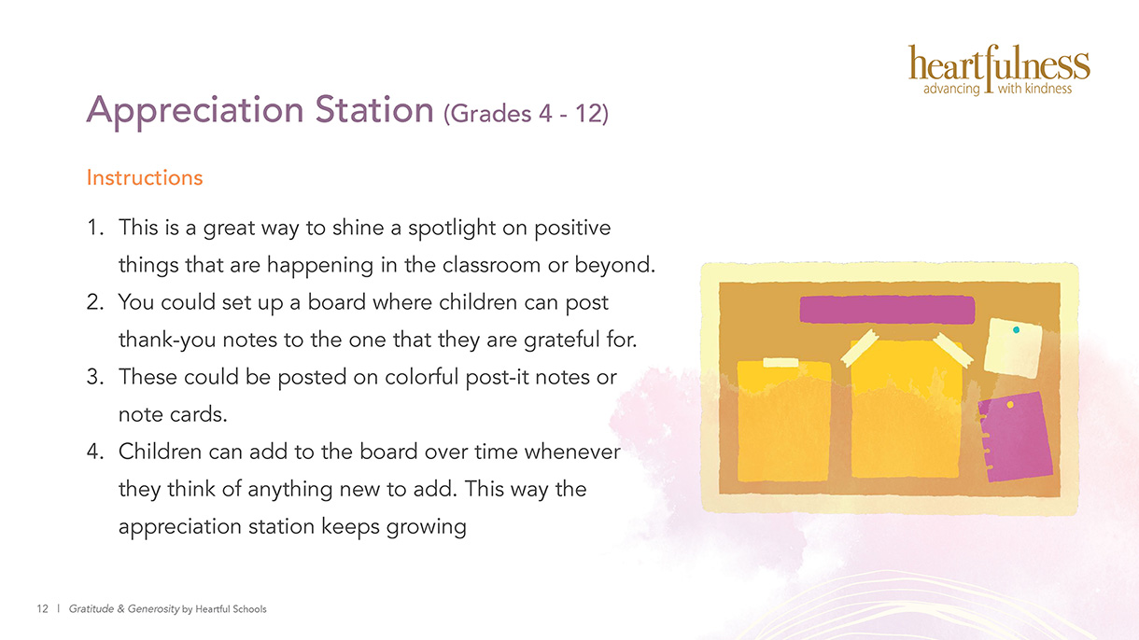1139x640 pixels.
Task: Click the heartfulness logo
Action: point(999,70)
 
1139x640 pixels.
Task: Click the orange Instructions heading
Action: point(145,178)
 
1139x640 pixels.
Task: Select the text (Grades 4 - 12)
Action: point(526,113)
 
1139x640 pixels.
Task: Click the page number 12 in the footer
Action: point(42,608)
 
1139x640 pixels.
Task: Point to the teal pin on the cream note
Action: point(1016,329)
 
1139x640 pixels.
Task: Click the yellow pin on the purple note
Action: point(1010,404)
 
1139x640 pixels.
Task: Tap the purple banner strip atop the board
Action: point(887,310)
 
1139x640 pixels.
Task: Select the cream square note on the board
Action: point(1013,348)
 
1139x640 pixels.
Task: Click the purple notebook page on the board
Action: point(1016,437)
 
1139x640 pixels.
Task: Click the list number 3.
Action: point(94,377)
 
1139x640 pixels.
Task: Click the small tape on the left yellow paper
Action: point(780,362)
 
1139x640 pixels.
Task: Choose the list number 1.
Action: point(94,228)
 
